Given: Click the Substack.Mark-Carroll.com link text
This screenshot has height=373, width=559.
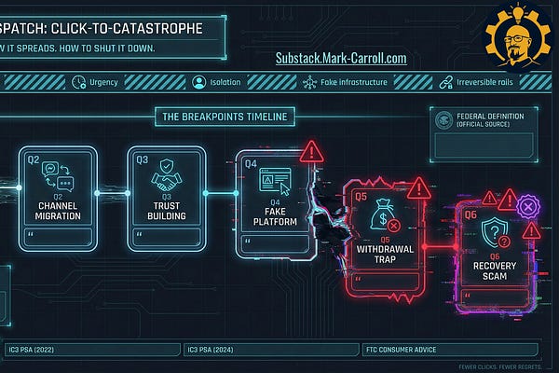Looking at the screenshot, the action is (341, 58).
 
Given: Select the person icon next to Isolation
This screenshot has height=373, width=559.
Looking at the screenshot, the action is (198, 81).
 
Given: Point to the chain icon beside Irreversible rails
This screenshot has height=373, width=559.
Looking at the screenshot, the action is (446, 81).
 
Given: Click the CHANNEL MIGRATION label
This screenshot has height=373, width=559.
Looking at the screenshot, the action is (57, 210).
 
